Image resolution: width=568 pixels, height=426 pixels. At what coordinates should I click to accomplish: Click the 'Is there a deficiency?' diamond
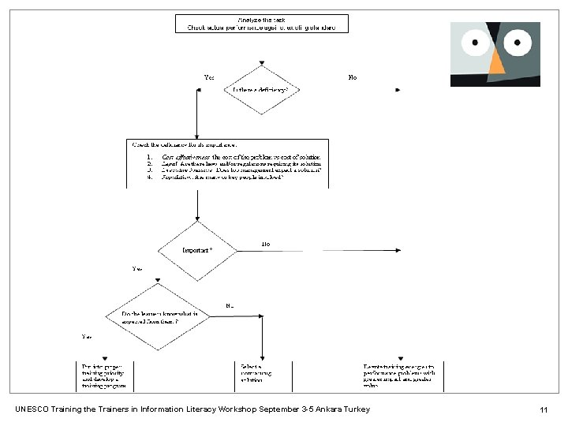(x=261, y=90)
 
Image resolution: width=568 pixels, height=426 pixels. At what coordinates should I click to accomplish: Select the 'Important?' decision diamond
(x=196, y=250)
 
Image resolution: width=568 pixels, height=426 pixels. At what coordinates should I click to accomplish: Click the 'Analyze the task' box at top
(x=260, y=23)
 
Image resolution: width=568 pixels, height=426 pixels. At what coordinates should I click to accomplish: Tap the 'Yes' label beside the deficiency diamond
(x=209, y=77)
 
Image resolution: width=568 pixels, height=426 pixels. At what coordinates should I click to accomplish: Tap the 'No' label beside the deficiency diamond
(x=352, y=77)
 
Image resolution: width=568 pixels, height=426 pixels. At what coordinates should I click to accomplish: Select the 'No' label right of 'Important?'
(x=266, y=243)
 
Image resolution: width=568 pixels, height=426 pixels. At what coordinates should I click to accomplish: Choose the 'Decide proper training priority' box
(x=103, y=373)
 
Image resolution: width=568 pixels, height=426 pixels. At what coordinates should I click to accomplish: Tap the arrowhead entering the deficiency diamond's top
(x=261, y=64)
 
